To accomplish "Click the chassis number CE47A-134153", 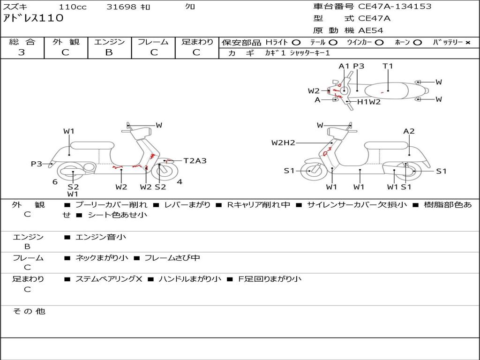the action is click(x=395, y=7).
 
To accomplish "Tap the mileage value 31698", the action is click(x=121, y=7).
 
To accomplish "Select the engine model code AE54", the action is click(x=371, y=30).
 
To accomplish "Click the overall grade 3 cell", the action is click(x=22, y=52).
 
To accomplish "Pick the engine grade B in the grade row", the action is click(x=109, y=52).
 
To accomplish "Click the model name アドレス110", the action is click(x=33, y=18).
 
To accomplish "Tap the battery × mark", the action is click(x=467, y=42).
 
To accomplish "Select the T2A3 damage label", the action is click(x=195, y=161).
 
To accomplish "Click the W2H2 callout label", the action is click(x=283, y=142).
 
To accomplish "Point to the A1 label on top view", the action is click(x=344, y=66).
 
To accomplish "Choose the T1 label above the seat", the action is click(x=388, y=66).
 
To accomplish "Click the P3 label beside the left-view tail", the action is click(x=37, y=164).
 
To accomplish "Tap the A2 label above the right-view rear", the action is click(x=409, y=131).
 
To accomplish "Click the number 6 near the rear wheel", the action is click(x=55, y=182).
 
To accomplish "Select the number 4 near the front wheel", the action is click(x=180, y=182).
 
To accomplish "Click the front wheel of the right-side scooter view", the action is click(x=311, y=171).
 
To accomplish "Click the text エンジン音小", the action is click(x=101, y=237).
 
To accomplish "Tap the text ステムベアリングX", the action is click(x=108, y=279).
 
